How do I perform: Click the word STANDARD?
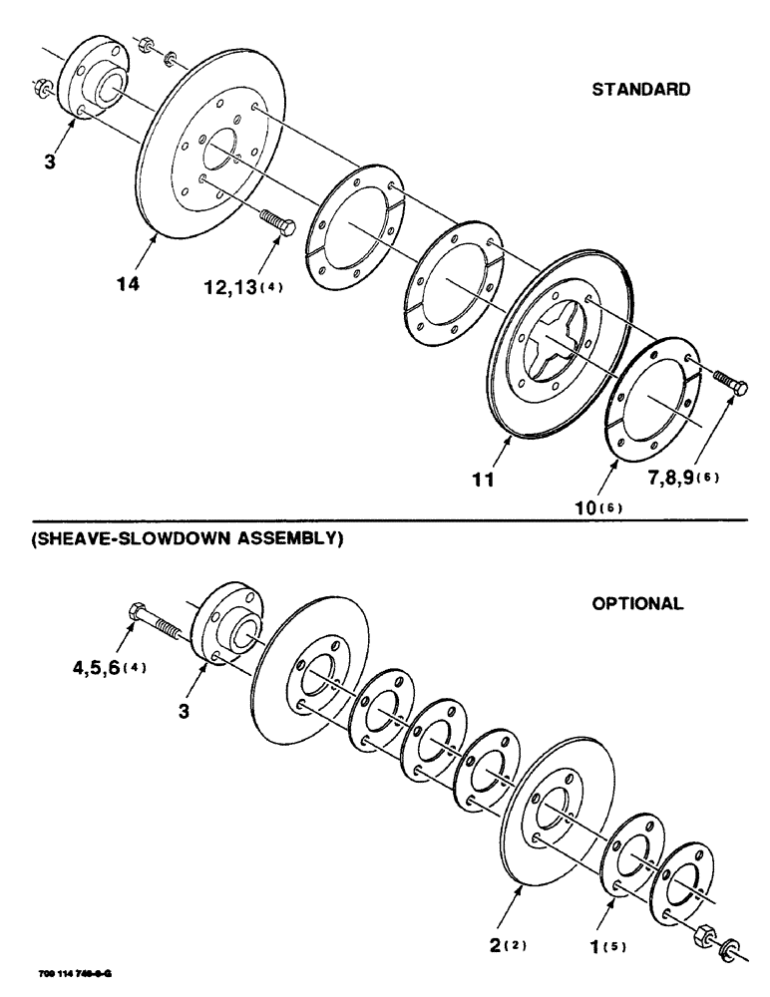click(x=640, y=89)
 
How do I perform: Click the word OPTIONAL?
click(x=638, y=603)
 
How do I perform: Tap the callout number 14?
click(x=126, y=283)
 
